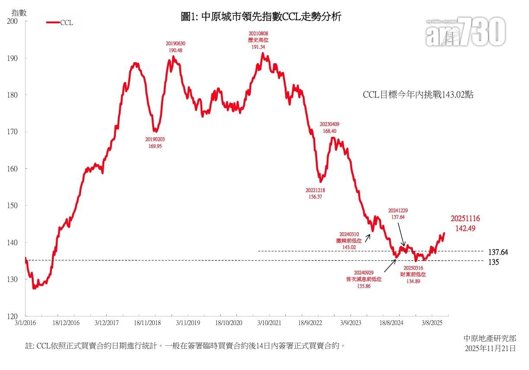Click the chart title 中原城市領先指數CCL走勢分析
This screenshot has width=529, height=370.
[262, 17]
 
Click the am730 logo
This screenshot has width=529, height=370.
[465, 32]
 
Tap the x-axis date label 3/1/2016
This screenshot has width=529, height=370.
[25, 323]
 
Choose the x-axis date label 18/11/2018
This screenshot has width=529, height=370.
[147, 323]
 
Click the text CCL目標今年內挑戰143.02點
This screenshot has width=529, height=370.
[418, 95]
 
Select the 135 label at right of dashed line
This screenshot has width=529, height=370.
[494, 262]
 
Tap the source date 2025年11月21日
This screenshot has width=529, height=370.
[490, 348]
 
